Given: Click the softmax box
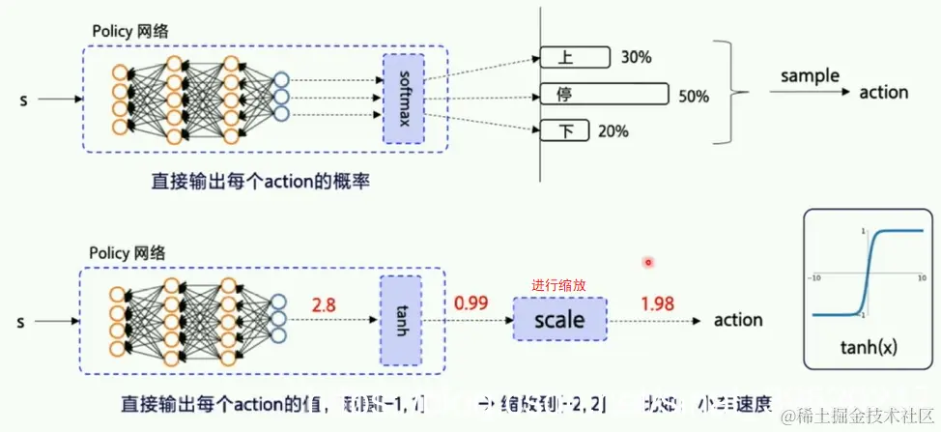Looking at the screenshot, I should click(404, 99).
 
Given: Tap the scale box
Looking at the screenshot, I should click(558, 317).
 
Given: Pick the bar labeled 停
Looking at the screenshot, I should click(605, 95).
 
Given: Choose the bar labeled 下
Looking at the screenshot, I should click(563, 130).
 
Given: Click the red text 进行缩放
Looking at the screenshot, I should click(559, 286).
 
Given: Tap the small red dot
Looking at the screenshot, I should click(648, 261).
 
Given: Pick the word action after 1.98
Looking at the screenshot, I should click(737, 320).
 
